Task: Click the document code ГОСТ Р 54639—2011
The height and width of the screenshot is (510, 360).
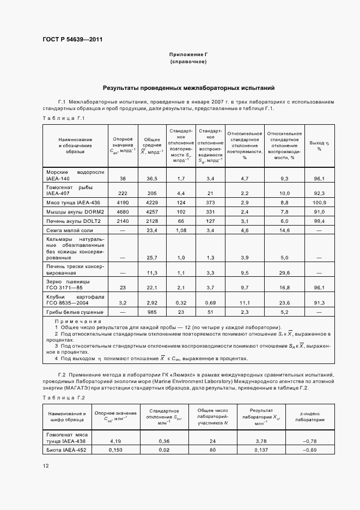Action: (72, 39)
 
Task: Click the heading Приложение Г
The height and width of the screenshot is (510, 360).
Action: (188, 55)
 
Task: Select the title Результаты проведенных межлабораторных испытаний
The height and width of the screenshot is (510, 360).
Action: (188, 88)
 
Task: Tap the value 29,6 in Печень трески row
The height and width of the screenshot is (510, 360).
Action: (284, 272)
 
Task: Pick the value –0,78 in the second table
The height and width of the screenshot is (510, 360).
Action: (310, 441)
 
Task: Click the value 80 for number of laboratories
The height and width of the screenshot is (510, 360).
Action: (212, 450)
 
